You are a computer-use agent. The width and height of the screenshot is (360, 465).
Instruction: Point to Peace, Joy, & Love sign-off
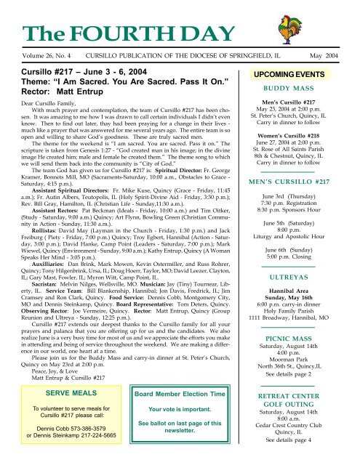pyautogui.click(x=55, y=367)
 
